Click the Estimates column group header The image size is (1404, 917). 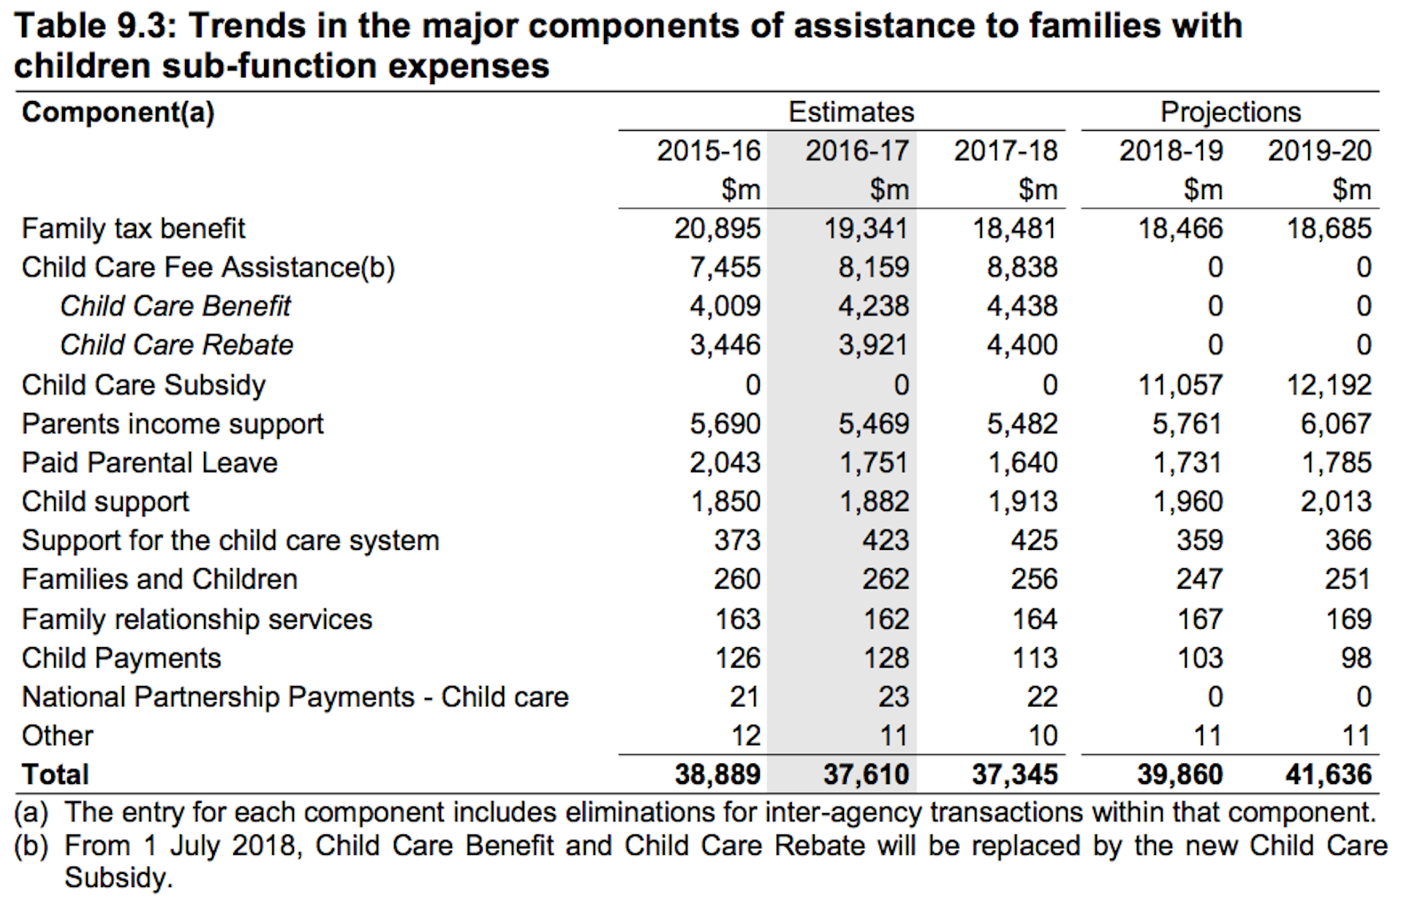[x=850, y=112]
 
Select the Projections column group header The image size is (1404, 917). [x=1230, y=112]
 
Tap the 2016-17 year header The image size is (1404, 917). [x=857, y=151]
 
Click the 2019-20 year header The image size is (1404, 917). [x=1319, y=151]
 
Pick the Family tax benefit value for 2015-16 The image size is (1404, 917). [x=717, y=228]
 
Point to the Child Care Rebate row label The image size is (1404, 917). [x=176, y=344]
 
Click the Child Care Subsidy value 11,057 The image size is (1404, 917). [x=1180, y=385]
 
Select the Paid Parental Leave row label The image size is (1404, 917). [x=149, y=462]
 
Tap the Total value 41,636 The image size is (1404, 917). [x=1328, y=774]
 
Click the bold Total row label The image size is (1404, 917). [x=56, y=774]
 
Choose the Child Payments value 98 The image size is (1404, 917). [x=1356, y=657]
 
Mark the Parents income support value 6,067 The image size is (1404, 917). [x=1335, y=423]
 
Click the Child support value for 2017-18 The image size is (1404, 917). [x=1022, y=502]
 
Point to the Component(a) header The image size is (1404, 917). [x=118, y=112]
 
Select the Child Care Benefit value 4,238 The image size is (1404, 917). [x=873, y=306]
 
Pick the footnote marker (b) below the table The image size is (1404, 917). [x=31, y=846]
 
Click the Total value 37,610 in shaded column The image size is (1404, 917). [x=866, y=774]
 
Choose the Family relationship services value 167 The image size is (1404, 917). [x=1199, y=619]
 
